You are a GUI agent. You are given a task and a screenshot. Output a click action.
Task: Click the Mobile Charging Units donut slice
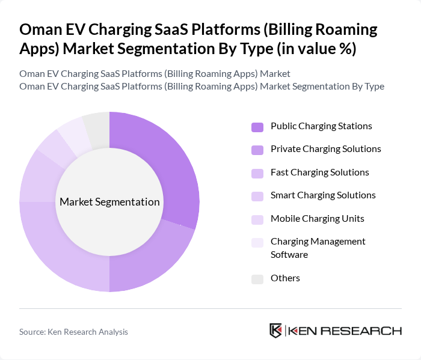(x=54, y=148)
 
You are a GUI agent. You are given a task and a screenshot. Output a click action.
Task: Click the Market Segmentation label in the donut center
(x=109, y=202)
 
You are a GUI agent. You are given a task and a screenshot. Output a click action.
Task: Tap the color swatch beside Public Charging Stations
(x=257, y=127)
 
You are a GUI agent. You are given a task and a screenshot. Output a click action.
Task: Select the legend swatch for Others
(x=257, y=279)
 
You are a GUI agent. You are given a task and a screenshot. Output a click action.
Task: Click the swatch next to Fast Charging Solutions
(x=257, y=173)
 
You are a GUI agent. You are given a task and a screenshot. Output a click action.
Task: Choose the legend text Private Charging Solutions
(x=325, y=149)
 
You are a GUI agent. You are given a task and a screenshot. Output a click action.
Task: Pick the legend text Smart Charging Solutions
(x=323, y=195)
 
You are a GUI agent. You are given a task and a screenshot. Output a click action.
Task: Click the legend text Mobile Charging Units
(x=317, y=218)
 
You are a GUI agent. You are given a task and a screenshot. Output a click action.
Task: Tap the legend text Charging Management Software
(x=318, y=248)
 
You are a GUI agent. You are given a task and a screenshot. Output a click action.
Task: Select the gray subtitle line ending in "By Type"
(x=201, y=86)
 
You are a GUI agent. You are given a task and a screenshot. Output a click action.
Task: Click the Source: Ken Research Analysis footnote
(x=73, y=332)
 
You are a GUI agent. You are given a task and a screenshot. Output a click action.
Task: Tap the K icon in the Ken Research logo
(x=276, y=331)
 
